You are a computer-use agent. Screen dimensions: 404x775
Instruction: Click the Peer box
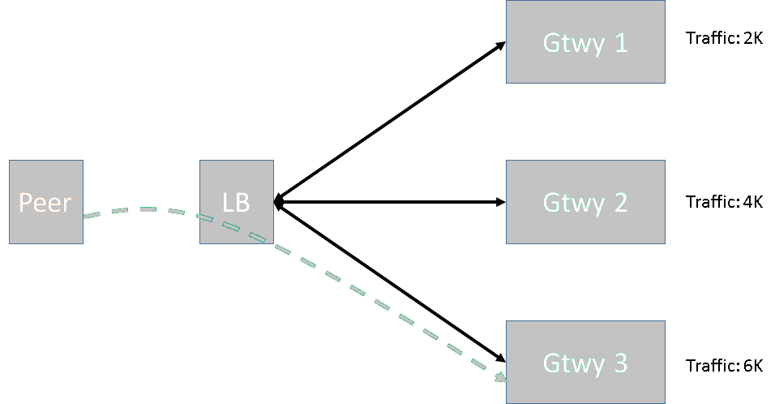click(46, 202)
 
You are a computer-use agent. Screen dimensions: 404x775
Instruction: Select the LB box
click(236, 202)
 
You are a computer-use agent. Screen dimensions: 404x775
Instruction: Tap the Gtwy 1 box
click(585, 41)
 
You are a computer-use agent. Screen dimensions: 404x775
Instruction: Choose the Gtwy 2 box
click(585, 202)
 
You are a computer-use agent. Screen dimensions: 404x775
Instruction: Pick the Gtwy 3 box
click(585, 362)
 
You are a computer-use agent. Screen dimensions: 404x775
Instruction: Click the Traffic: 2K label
click(724, 38)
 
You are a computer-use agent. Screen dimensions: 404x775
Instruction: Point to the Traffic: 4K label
click(724, 202)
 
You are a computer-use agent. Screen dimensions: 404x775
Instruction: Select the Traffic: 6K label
click(724, 365)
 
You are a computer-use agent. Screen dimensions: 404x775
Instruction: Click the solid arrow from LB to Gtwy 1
click(389, 122)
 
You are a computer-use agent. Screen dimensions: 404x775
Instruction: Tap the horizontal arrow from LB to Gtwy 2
click(389, 202)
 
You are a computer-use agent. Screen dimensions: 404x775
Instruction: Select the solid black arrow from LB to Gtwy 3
click(389, 282)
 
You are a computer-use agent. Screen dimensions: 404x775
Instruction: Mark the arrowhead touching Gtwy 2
click(500, 202)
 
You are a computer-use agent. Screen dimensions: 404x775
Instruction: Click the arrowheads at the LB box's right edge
click(278, 202)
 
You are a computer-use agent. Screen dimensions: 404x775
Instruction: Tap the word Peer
click(45, 202)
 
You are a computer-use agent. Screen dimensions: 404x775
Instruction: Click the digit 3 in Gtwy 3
click(619, 363)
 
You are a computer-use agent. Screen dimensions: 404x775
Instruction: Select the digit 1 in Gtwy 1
click(620, 42)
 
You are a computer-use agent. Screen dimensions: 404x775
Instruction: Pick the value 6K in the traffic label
click(752, 365)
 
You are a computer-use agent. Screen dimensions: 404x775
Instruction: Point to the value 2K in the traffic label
click(752, 38)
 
